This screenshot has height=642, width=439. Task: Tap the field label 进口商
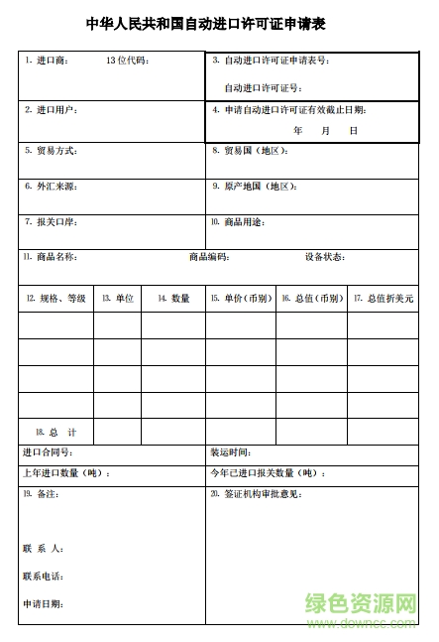(51, 62)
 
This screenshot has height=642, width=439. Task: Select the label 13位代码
(126, 62)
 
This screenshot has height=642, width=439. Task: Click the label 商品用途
(244, 221)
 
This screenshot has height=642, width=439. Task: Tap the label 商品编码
(209, 257)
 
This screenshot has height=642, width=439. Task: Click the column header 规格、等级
(61, 299)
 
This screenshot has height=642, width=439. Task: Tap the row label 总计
(61, 433)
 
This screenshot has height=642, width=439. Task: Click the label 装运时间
(237, 452)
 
